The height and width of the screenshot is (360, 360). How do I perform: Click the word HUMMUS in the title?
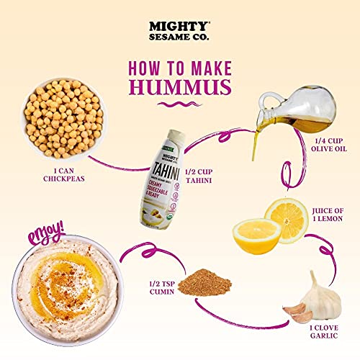click(180, 87)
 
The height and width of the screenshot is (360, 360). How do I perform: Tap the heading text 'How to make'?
click(180, 67)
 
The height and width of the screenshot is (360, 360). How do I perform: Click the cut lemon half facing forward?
click(256, 232)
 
